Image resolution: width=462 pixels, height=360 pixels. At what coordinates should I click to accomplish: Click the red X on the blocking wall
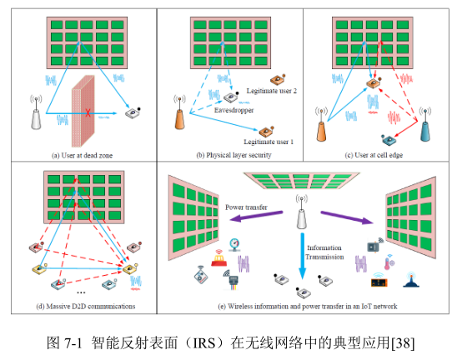click(88, 112)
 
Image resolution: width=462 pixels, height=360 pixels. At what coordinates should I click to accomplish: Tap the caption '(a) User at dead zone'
click(83, 156)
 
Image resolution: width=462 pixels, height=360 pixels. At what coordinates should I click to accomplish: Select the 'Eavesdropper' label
click(234, 110)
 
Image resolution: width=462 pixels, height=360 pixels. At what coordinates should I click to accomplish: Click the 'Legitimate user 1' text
click(269, 142)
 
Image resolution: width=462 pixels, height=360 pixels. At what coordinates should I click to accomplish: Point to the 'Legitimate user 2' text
click(271, 91)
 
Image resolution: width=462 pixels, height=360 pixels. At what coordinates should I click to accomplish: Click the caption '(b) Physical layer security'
click(234, 155)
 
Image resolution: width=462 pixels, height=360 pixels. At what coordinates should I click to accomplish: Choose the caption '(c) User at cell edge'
click(374, 155)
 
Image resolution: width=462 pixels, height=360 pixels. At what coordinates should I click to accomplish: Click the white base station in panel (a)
click(36, 112)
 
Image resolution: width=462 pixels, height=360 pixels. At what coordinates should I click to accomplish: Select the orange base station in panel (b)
click(180, 112)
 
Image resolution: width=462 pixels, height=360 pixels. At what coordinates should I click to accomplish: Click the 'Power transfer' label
click(246, 207)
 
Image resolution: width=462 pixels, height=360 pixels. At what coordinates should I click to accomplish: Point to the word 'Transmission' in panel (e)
click(324, 257)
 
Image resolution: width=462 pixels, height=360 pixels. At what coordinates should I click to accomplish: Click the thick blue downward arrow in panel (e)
click(302, 256)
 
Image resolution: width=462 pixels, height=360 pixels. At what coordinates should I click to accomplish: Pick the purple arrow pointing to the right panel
click(347, 217)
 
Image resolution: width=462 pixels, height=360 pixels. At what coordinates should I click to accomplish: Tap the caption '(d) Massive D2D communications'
click(86, 307)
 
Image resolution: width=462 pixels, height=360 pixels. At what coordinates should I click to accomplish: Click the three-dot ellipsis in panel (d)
click(81, 292)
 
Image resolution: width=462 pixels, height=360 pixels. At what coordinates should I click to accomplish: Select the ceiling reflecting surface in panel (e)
click(302, 181)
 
